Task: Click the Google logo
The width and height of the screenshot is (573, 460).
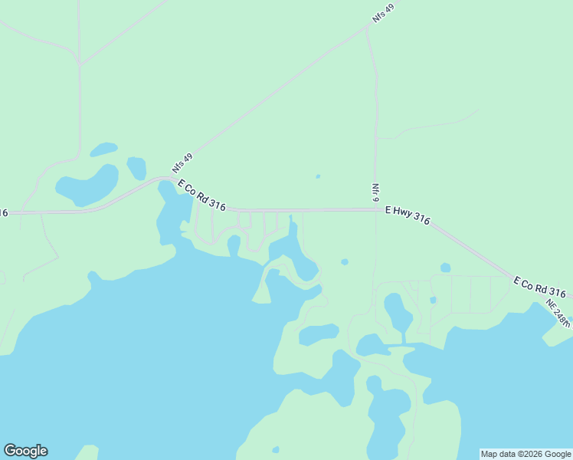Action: pyautogui.click(x=25, y=451)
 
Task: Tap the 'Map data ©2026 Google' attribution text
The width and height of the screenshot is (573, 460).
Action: pyautogui.click(x=526, y=454)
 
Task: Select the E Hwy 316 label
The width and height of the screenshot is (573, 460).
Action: pyautogui.click(x=407, y=214)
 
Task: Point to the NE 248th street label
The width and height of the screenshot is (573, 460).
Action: pyautogui.click(x=558, y=312)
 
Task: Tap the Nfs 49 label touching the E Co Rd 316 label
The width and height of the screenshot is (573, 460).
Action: pyautogui.click(x=182, y=163)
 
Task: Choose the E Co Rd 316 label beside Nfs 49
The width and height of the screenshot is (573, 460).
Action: pyautogui.click(x=201, y=195)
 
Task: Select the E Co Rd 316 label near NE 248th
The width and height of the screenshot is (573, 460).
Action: pyautogui.click(x=539, y=287)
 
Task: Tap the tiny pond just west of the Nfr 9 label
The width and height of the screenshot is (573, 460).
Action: pyautogui.click(x=317, y=176)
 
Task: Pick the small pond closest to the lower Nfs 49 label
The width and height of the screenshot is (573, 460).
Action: pyautogui.click(x=136, y=167)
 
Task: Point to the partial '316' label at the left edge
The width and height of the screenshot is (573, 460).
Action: pyautogui.click(x=4, y=212)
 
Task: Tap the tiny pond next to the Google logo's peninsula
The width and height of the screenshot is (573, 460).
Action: pyautogui.click(x=275, y=449)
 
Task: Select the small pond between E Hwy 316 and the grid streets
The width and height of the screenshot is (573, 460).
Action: pyautogui.click(x=445, y=268)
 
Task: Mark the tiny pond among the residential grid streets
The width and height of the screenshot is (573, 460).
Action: pyautogui.click(x=433, y=300)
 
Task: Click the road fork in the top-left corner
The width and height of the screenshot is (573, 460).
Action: pyautogui.click(x=80, y=61)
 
